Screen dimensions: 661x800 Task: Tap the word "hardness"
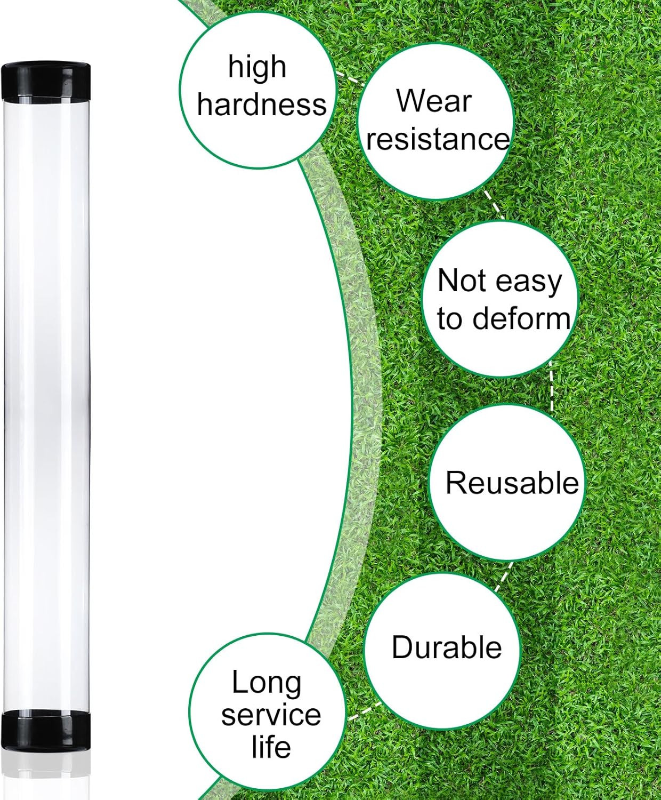point(262,104)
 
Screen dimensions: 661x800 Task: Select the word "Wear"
point(433,101)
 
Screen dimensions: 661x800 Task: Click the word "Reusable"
point(512,483)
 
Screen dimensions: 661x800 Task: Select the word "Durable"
point(447,647)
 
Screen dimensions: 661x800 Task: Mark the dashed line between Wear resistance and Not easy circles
point(494,205)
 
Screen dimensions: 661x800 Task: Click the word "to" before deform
point(450,319)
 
